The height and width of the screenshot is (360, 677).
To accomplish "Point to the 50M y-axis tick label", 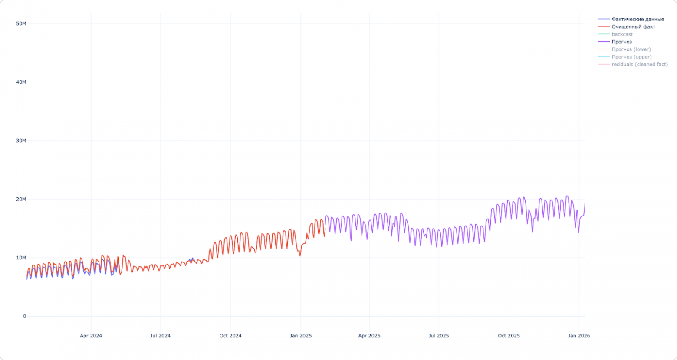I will pos(21,23).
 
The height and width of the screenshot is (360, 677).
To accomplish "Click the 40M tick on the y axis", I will pos(21,82).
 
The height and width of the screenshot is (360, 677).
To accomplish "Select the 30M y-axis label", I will pos(21,141).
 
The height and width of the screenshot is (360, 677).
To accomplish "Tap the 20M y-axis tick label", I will pos(21,199).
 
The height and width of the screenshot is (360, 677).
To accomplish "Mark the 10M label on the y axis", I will pos(21,258).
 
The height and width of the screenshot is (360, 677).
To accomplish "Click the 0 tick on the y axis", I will pos(24,317).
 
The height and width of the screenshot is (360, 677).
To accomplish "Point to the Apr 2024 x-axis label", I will pos(91,336).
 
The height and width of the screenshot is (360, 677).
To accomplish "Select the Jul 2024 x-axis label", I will pos(160,336).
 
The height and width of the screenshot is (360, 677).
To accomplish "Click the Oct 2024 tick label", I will pos(230,336).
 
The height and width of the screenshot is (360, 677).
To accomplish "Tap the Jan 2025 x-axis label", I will pos(300,336).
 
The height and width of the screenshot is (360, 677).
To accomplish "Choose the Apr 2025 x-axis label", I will pos(369,336).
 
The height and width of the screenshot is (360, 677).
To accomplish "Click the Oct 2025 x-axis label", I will pos(509,336).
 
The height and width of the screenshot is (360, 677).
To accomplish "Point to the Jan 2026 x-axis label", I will pos(579,336).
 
